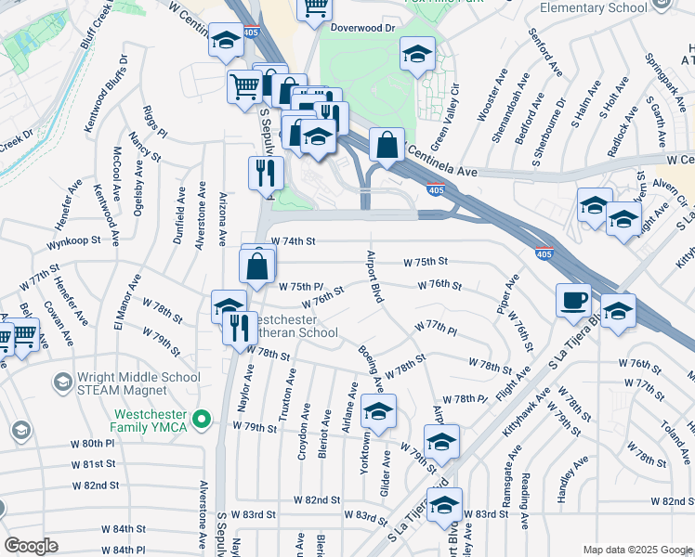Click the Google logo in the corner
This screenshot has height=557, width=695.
click(32, 546)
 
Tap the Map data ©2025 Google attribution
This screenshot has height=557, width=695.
click(637, 550)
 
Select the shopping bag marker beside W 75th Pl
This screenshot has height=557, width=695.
click(256, 266)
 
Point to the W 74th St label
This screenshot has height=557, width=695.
click(293, 240)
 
